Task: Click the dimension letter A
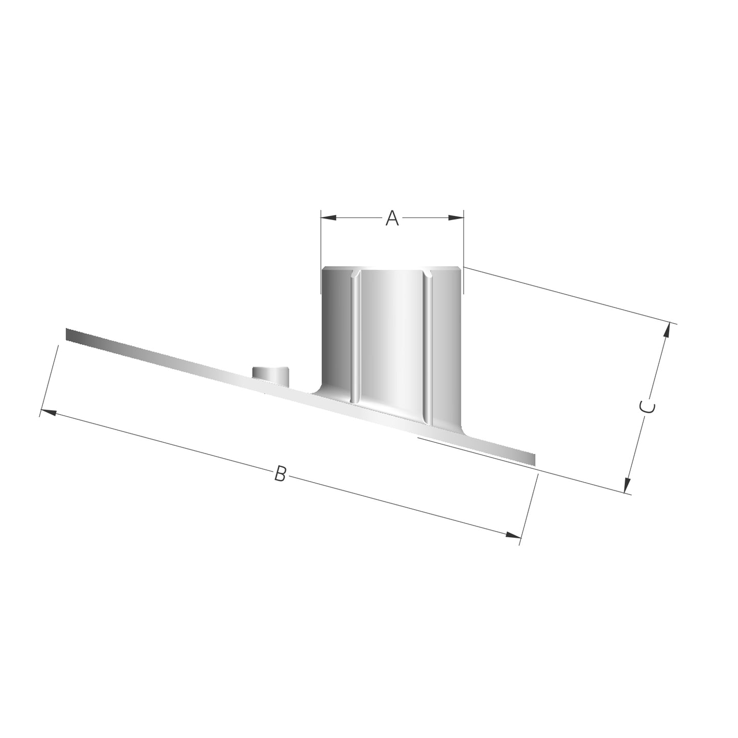(x=392, y=218)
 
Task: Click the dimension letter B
(x=280, y=473)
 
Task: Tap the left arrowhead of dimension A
(x=328, y=218)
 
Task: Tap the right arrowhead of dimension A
(x=456, y=218)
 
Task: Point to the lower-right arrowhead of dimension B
(x=513, y=535)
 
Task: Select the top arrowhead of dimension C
(x=666, y=332)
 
